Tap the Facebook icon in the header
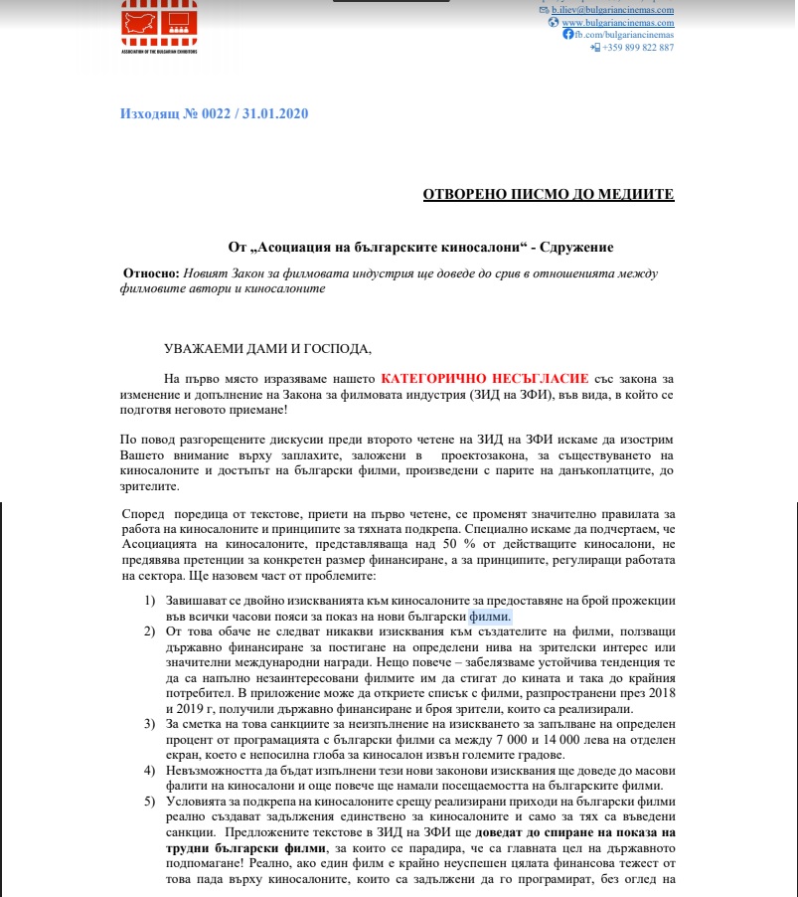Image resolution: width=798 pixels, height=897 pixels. click(567, 34)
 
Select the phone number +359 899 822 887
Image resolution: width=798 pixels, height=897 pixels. click(638, 47)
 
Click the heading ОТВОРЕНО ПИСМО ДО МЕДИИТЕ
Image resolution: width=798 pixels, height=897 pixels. click(549, 193)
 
